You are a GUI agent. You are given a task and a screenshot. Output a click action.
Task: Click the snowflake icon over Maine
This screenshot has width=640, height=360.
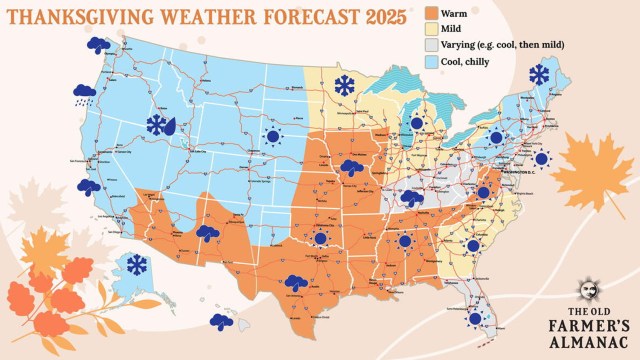(x=539, y=74)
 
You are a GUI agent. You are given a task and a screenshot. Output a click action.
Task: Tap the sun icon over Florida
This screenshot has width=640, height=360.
(x=475, y=319)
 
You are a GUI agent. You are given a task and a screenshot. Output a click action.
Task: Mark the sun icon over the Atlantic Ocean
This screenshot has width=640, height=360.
(x=541, y=158)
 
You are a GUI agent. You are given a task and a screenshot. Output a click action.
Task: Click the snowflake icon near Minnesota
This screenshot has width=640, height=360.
(x=345, y=86)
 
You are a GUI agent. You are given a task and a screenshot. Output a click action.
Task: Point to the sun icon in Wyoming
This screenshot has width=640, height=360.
(x=271, y=136)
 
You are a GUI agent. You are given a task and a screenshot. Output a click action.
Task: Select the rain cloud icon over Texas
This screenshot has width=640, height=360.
(x=296, y=283)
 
